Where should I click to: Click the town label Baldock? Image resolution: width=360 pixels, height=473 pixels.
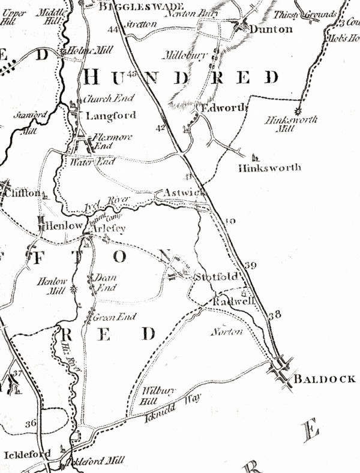324,379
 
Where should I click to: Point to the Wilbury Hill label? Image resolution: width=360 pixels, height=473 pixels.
159,395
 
